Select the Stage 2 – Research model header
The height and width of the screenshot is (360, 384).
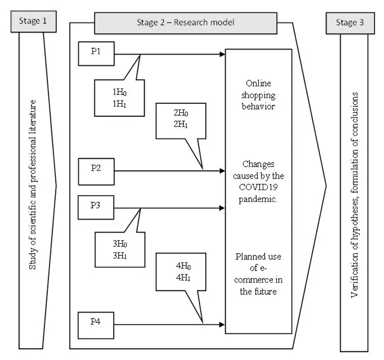pos(185,23)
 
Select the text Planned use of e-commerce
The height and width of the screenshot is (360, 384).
pos(259,274)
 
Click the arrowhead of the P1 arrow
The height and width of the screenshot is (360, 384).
pos(222,54)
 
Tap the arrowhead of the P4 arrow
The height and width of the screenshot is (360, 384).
pos(222,324)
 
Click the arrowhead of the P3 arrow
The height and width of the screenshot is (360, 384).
pos(222,207)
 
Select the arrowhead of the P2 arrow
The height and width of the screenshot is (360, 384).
pos(222,171)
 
